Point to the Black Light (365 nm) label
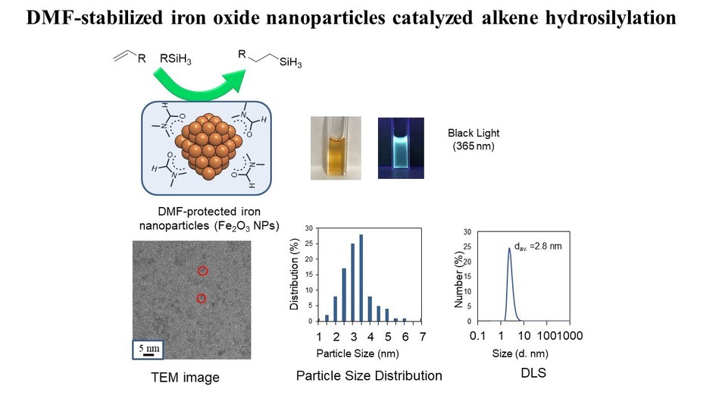(x=474, y=140)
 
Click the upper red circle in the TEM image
(x=202, y=271)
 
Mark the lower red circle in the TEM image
(x=202, y=299)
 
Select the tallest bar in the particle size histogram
(x=361, y=278)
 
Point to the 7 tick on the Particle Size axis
(x=423, y=336)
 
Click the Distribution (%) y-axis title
(x=295, y=275)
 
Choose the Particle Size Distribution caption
(x=369, y=375)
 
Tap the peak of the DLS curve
(x=509, y=247)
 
